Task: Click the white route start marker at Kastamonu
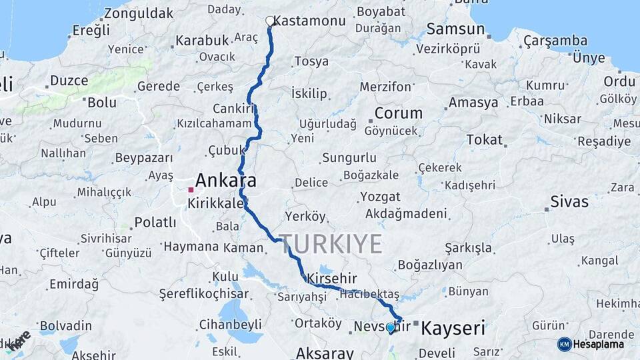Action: [270, 21]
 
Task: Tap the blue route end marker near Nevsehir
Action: [390, 327]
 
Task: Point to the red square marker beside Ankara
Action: [191, 190]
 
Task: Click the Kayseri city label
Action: [453, 328]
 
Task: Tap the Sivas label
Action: [569, 201]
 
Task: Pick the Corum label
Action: [399, 113]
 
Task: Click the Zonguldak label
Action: [139, 13]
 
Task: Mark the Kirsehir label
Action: [332, 278]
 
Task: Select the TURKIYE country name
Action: [331, 243]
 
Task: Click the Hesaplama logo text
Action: [599, 345]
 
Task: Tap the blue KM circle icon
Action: [565, 345]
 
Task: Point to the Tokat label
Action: [484, 139]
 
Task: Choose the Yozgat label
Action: [380, 197]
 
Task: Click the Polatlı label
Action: [155, 222]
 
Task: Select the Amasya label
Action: [473, 103]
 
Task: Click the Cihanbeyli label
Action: [230, 325]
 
